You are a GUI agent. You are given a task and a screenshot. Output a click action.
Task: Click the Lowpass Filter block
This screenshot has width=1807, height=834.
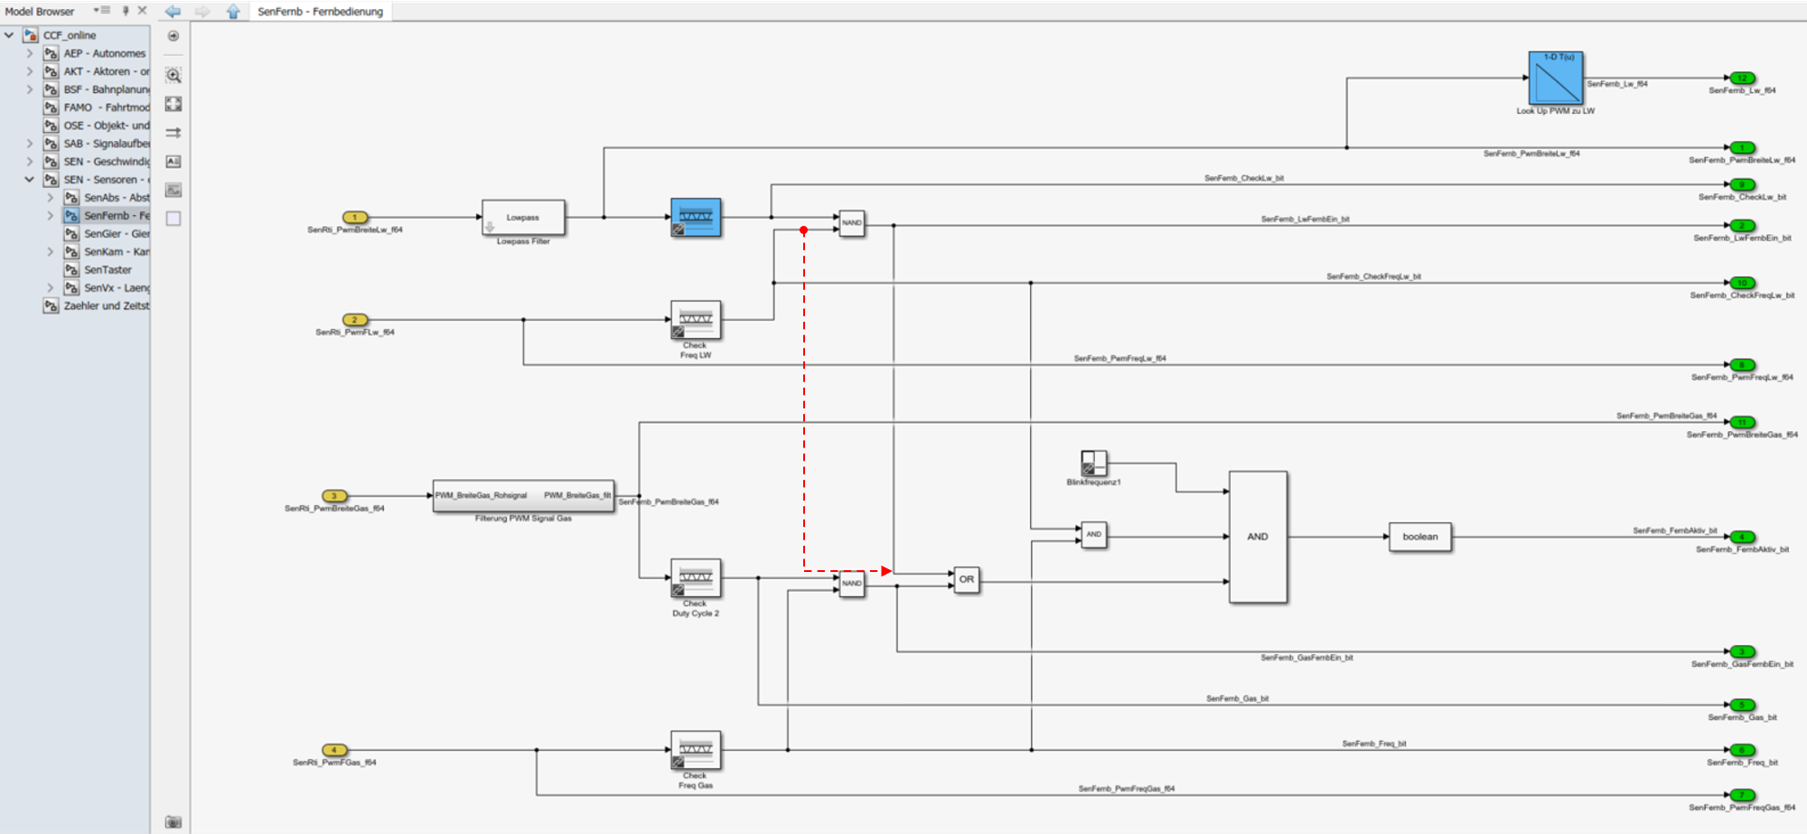(523, 218)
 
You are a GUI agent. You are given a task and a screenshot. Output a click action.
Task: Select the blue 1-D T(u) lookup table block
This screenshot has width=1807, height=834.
(1555, 78)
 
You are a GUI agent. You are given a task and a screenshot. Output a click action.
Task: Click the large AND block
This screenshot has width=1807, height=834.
(1258, 537)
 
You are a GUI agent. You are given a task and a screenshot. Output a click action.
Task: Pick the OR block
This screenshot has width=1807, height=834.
(967, 579)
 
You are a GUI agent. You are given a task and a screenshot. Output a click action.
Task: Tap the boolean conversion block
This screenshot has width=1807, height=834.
(1419, 537)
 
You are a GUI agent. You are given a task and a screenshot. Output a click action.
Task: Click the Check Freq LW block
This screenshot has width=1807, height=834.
(696, 320)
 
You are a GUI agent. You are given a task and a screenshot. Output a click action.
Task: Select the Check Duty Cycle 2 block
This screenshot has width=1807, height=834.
(696, 578)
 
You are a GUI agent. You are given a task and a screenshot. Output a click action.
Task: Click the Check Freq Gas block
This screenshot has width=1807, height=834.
(696, 750)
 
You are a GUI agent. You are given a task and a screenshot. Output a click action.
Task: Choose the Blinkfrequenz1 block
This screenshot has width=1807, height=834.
(1093, 463)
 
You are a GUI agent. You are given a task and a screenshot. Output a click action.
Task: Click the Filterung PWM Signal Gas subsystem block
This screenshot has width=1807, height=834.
(523, 496)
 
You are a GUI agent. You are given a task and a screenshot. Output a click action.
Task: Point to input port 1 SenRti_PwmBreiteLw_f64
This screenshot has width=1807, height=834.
(355, 217)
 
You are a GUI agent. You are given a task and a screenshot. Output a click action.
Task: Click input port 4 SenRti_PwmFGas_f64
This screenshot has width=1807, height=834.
(334, 750)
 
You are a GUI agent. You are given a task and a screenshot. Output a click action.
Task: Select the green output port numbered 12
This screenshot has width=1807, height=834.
(1741, 78)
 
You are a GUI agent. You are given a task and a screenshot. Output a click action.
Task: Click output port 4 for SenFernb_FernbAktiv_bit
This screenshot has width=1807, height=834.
(1741, 537)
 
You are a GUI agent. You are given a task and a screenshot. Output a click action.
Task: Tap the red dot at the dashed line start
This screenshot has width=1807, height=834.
(803, 230)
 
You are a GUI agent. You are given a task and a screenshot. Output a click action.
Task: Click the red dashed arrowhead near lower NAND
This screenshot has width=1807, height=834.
(886, 571)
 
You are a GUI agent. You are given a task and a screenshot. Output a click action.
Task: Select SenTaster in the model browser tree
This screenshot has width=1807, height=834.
(108, 269)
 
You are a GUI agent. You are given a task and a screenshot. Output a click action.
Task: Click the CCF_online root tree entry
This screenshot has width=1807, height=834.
(70, 35)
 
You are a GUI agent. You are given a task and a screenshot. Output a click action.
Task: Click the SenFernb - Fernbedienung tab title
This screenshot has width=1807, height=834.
(320, 12)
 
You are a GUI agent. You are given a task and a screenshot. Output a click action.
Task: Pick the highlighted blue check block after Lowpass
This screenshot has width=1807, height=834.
(696, 218)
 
